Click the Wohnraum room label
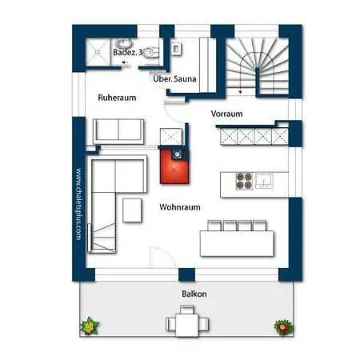[x=180, y=207]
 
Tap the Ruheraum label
[x=117, y=98]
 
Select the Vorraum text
[x=226, y=114]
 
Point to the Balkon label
[x=194, y=294]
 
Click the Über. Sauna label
[x=174, y=78]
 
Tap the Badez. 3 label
[x=128, y=52]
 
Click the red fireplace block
[x=174, y=166]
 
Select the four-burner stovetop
[x=244, y=181]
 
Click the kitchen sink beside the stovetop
[x=264, y=181]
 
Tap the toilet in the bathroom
[x=151, y=52]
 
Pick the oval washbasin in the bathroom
[x=123, y=43]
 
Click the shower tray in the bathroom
[x=98, y=52]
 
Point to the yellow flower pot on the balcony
[x=90, y=326]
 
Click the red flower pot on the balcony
[x=284, y=327]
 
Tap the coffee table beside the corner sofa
[x=132, y=210]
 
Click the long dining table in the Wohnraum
[x=237, y=243]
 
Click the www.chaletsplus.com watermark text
[x=78, y=204]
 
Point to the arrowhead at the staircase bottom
[x=241, y=92]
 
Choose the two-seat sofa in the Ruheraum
[x=118, y=131]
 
